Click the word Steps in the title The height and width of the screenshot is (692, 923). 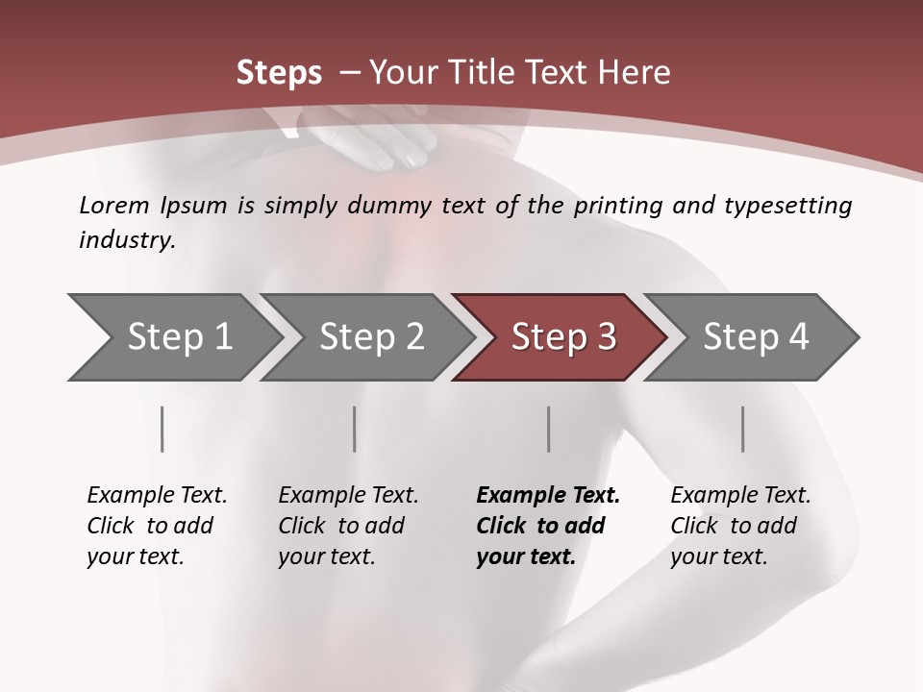(279, 73)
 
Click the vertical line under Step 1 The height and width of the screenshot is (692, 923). (162, 429)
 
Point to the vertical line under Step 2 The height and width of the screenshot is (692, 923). (355, 429)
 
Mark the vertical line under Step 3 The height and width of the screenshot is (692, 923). (549, 429)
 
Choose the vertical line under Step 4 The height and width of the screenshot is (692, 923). (743, 429)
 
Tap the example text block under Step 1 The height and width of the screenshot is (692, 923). (157, 525)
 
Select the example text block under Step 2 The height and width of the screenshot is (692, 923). (348, 525)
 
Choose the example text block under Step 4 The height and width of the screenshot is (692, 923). (740, 525)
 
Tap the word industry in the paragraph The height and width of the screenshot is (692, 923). (126, 240)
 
